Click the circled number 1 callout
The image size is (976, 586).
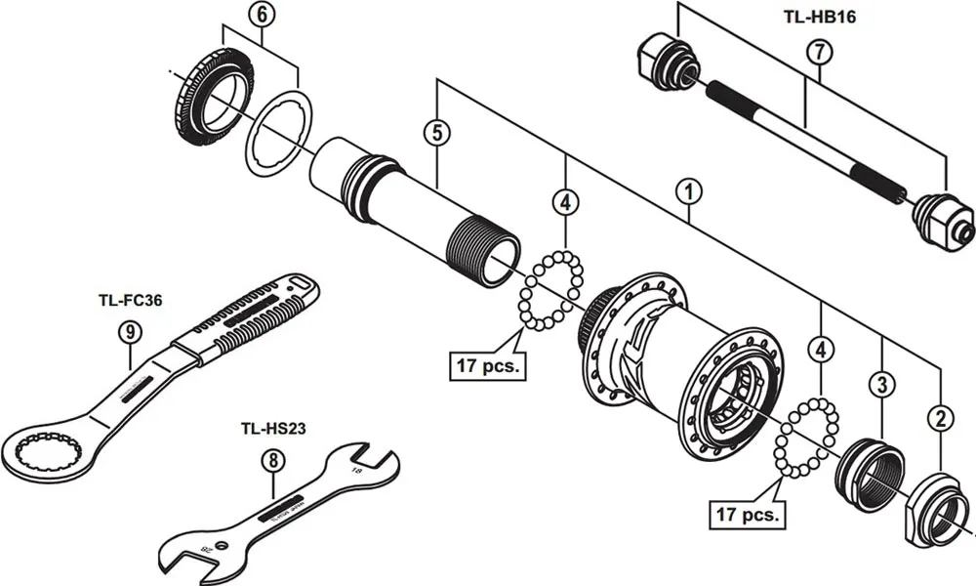[x=689, y=190]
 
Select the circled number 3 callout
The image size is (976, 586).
[x=881, y=385]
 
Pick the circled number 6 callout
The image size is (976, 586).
[x=261, y=14]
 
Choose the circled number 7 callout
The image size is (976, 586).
[x=817, y=53]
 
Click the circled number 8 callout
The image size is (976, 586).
[x=273, y=459]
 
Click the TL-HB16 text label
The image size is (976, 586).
[x=819, y=17]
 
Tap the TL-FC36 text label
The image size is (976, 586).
[x=130, y=301]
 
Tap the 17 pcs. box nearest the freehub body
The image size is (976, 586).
[x=487, y=366]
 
